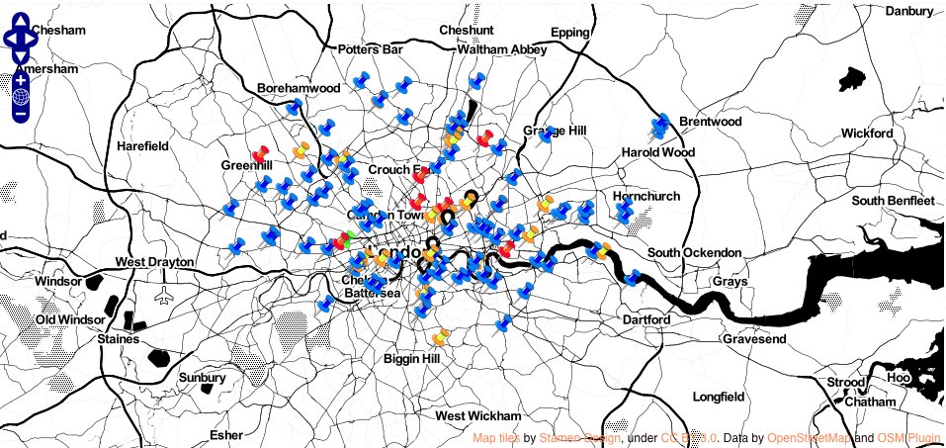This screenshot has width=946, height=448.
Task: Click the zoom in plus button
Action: point(21,79)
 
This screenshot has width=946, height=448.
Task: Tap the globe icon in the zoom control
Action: point(21,97)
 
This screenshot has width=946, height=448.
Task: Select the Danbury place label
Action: point(907,12)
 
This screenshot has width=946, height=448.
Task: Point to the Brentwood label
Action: point(710,122)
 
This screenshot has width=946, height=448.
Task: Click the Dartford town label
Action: point(646,320)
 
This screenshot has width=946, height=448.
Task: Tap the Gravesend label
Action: point(753,339)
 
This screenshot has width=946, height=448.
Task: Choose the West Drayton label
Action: point(153,262)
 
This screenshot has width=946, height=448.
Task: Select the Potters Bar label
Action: point(371,49)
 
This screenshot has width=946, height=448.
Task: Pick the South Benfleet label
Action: point(893,201)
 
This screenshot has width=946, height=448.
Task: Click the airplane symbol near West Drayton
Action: point(165,295)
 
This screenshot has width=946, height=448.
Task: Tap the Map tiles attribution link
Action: point(496,437)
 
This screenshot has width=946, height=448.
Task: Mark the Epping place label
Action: point(569,33)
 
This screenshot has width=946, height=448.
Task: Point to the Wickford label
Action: point(867,134)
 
